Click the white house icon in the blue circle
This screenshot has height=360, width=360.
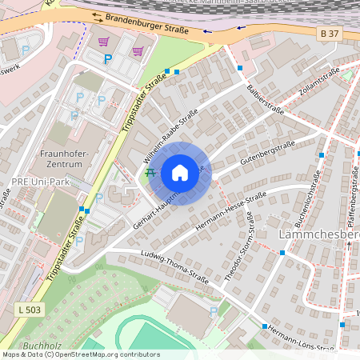coord(180,173)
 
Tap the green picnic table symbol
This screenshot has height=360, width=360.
coord(150,172)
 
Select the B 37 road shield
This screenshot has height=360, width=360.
coord(328,33)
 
